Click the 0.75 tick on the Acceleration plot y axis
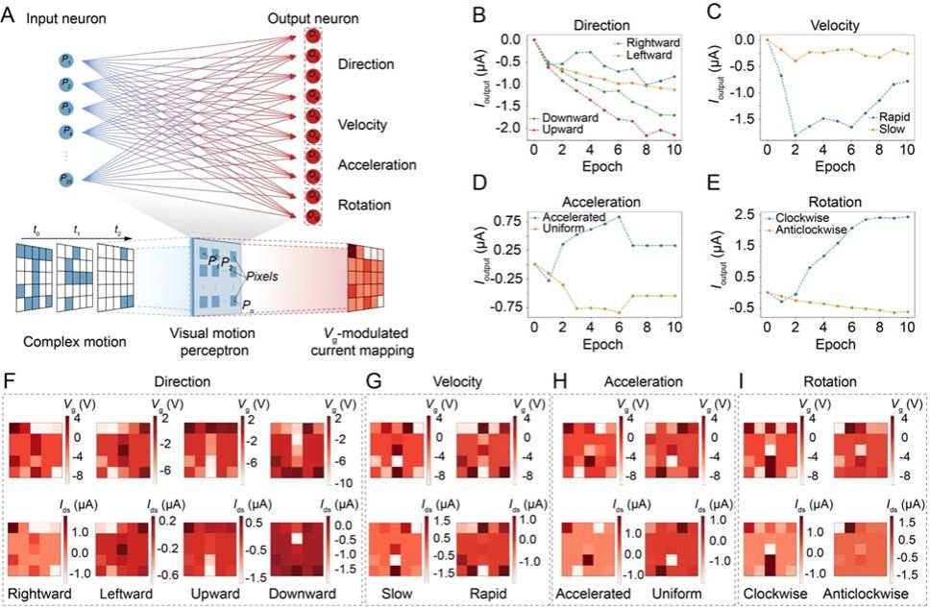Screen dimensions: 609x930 pos(508,221)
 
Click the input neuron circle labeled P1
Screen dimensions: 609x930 pos(66,61)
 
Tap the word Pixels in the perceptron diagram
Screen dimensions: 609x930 pos(262,275)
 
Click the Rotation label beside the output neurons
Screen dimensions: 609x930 pos(364,204)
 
